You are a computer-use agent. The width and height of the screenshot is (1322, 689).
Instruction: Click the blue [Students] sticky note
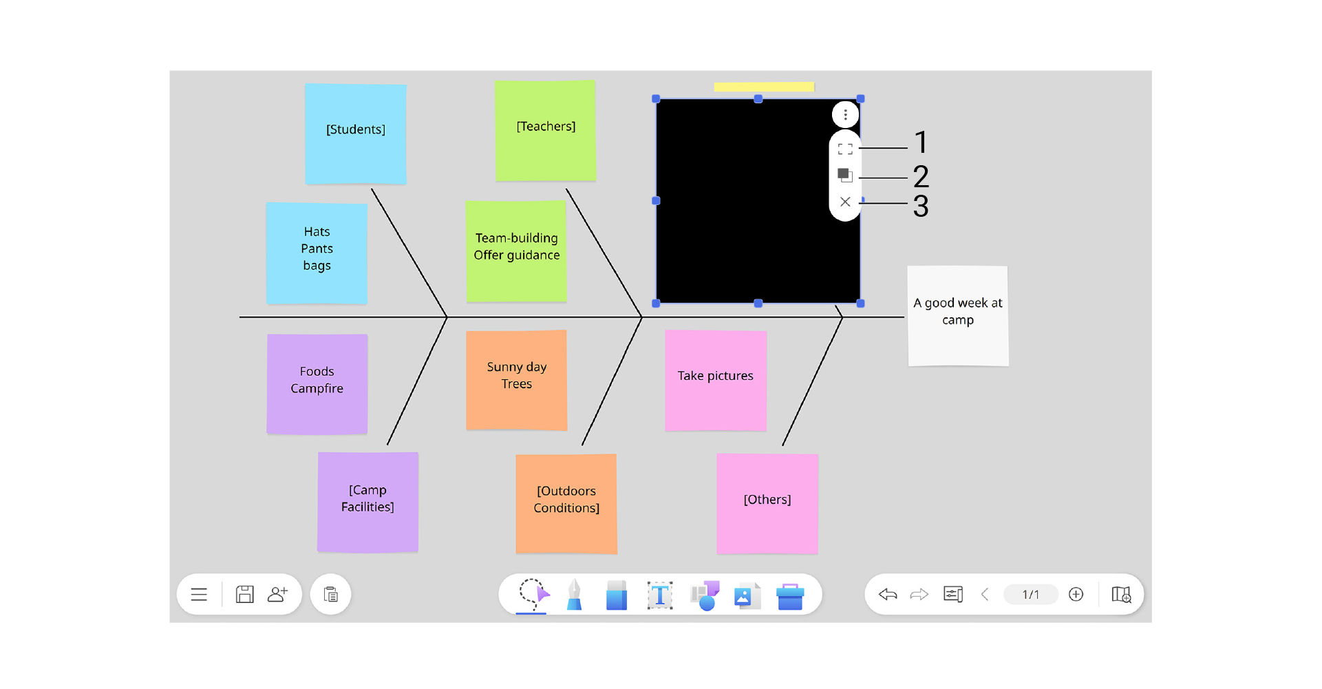355,134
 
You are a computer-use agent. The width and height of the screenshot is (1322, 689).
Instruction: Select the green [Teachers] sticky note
545,130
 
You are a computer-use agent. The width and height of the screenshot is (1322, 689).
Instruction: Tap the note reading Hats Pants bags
317,253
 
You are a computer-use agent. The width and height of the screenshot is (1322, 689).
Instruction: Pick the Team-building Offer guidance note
516,251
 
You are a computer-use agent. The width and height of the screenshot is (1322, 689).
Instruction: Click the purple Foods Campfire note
317,383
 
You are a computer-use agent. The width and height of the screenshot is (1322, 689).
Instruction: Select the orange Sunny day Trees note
516,379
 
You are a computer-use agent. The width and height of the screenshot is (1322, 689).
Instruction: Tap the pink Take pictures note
715,380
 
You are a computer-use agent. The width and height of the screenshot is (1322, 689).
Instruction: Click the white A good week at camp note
957,315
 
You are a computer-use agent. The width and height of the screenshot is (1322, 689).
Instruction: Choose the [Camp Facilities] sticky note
367,501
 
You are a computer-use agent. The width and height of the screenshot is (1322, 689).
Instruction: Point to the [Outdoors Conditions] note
566,503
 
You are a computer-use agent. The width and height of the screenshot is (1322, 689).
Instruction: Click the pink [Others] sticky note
767,503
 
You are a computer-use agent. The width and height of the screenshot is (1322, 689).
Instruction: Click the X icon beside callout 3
845,202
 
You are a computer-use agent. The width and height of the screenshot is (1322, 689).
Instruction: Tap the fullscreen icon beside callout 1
845,149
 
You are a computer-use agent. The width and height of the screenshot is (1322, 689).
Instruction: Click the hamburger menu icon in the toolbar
199,594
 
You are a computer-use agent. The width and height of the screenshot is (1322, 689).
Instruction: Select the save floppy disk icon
244,594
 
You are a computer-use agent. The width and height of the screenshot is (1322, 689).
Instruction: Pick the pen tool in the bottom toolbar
574,595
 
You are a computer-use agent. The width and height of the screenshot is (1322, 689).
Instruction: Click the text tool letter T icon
659,595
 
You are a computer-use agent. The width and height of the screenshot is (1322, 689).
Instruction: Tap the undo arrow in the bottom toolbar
888,594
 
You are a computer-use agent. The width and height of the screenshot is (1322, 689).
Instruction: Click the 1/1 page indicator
1030,594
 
